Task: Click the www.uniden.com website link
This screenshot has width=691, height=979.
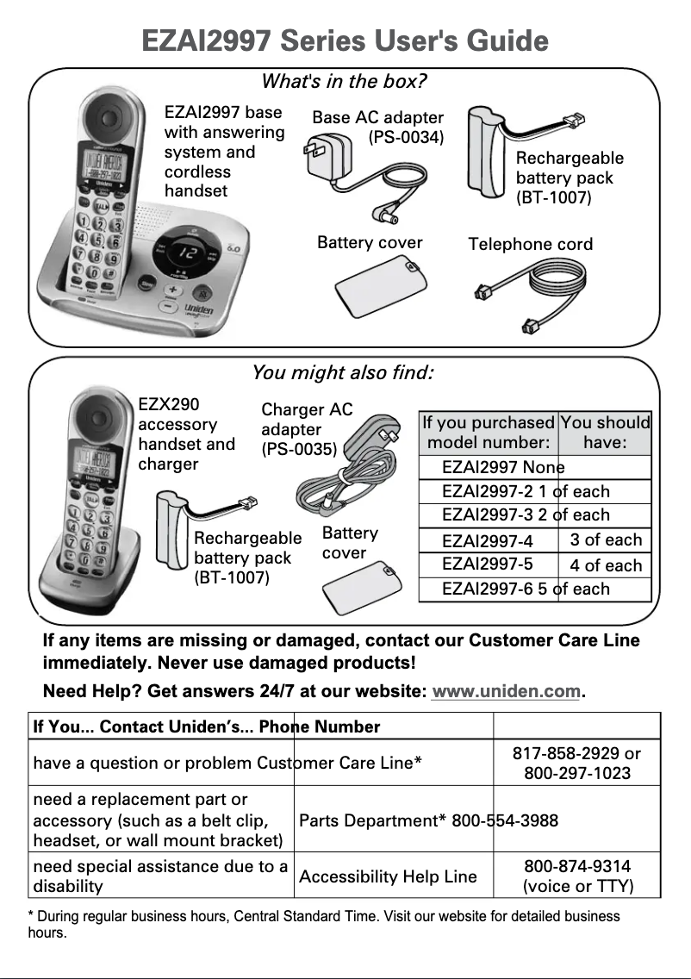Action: pyautogui.click(x=506, y=692)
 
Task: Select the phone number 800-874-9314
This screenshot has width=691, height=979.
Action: pyautogui.click(x=577, y=866)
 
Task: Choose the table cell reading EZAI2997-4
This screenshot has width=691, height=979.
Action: pyautogui.click(x=488, y=541)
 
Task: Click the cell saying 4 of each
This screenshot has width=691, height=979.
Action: pyautogui.click(x=606, y=566)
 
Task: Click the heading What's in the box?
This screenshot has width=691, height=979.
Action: pyautogui.click(x=344, y=82)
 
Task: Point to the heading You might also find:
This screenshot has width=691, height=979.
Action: pyautogui.click(x=342, y=373)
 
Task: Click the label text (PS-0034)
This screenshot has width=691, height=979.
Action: pyautogui.click(x=406, y=137)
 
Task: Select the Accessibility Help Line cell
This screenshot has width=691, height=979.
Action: pyautogui.click(x=388, y=876)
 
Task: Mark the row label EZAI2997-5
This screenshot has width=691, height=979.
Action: pyautogui.click(x=488, y=564)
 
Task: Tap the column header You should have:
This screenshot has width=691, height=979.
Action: pyautogui.click(x=605, y=433)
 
